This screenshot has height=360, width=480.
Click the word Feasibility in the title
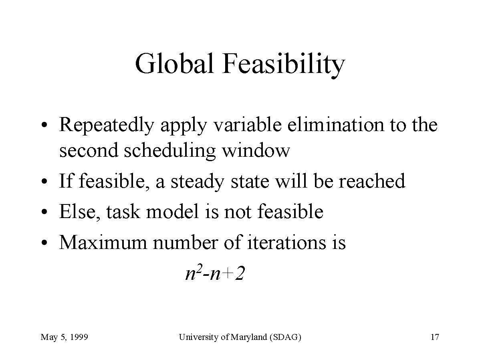[x=284, y=65]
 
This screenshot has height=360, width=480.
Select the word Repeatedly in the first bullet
[x=106, y=125]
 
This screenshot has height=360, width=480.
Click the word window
[x=255, y=150]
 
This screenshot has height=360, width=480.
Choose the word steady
[x=197, y=182]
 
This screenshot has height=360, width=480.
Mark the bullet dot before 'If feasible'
[x=45, y=182]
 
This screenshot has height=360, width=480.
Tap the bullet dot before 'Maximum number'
[x=45, y=243]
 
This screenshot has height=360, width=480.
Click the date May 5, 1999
[x=64, y=337]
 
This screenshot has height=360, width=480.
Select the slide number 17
[x=435, y=337]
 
